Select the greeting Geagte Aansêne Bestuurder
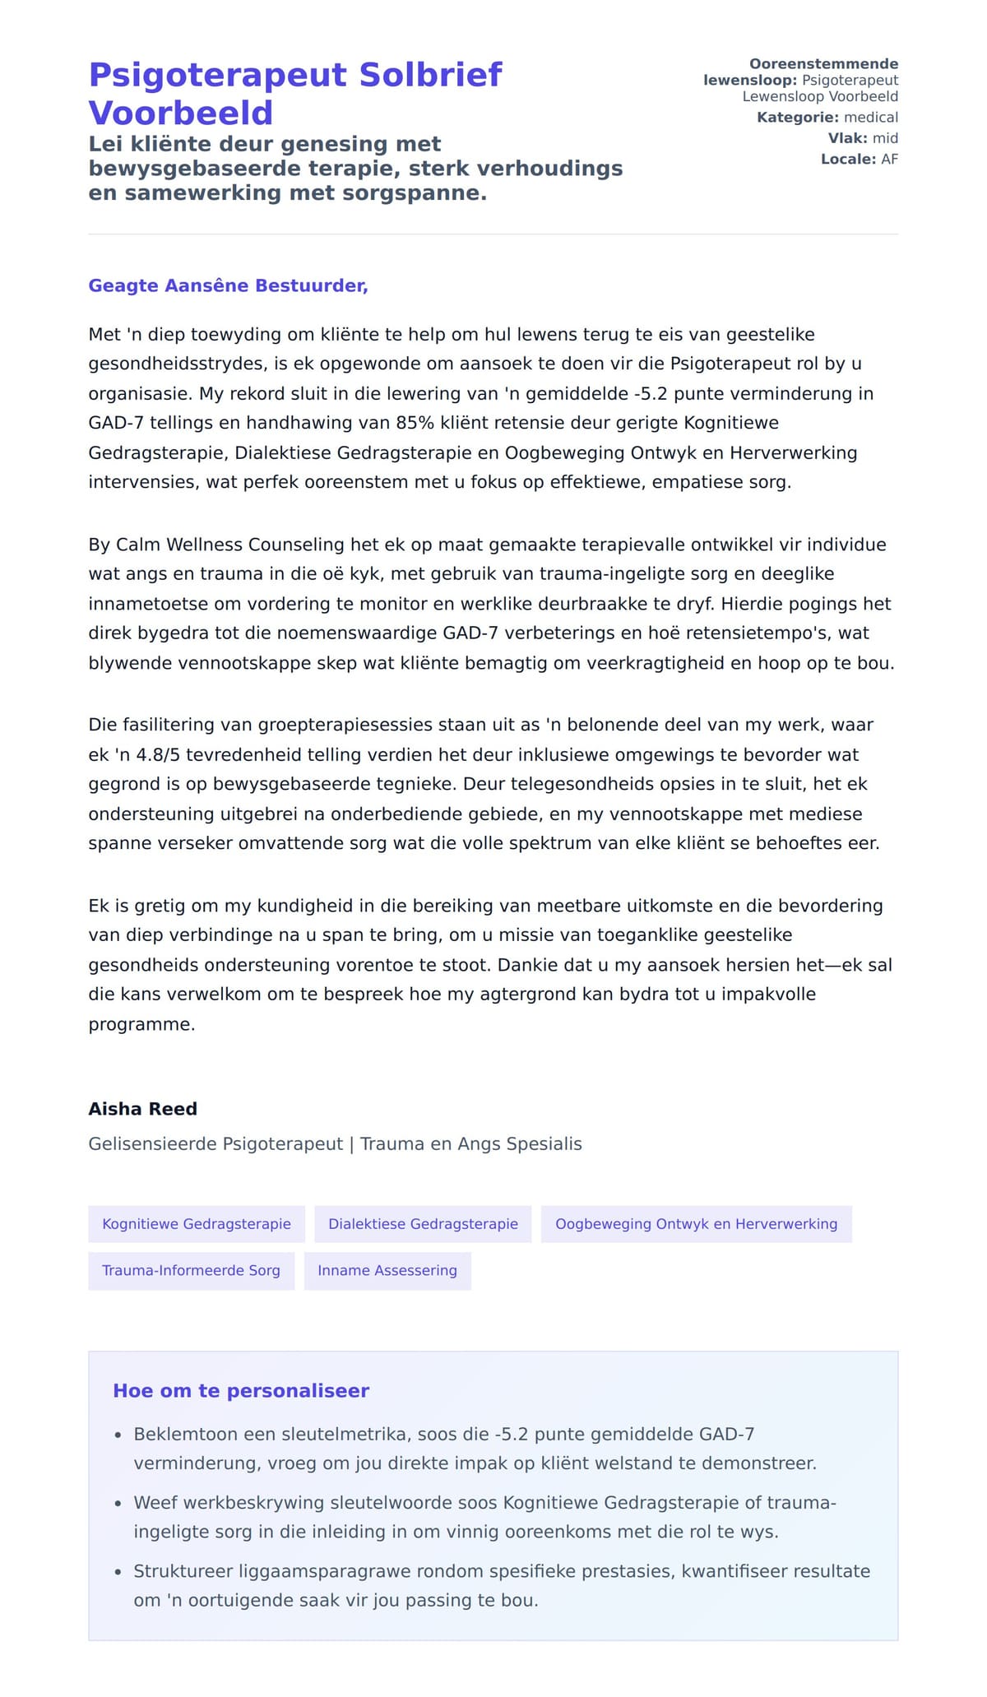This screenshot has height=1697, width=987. (228, 286)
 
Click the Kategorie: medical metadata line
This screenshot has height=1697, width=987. (827, 118)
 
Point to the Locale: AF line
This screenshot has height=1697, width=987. (859, 159)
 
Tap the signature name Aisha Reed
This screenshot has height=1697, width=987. (142, 1109)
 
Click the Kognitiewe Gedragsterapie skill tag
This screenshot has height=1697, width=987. (197, 1224)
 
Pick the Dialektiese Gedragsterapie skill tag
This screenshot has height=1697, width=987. (423, 1224)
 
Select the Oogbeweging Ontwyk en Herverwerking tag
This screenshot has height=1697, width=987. (696, 1224)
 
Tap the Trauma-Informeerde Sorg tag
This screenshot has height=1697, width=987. (191, 1270)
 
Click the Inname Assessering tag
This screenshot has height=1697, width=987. (387, 1270)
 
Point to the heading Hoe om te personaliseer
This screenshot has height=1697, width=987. (241, 1391)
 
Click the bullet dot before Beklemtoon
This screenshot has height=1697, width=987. (118, 1435)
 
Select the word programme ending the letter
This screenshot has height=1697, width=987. (141, 1024)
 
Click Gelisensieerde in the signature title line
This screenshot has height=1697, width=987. (153, 1144)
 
